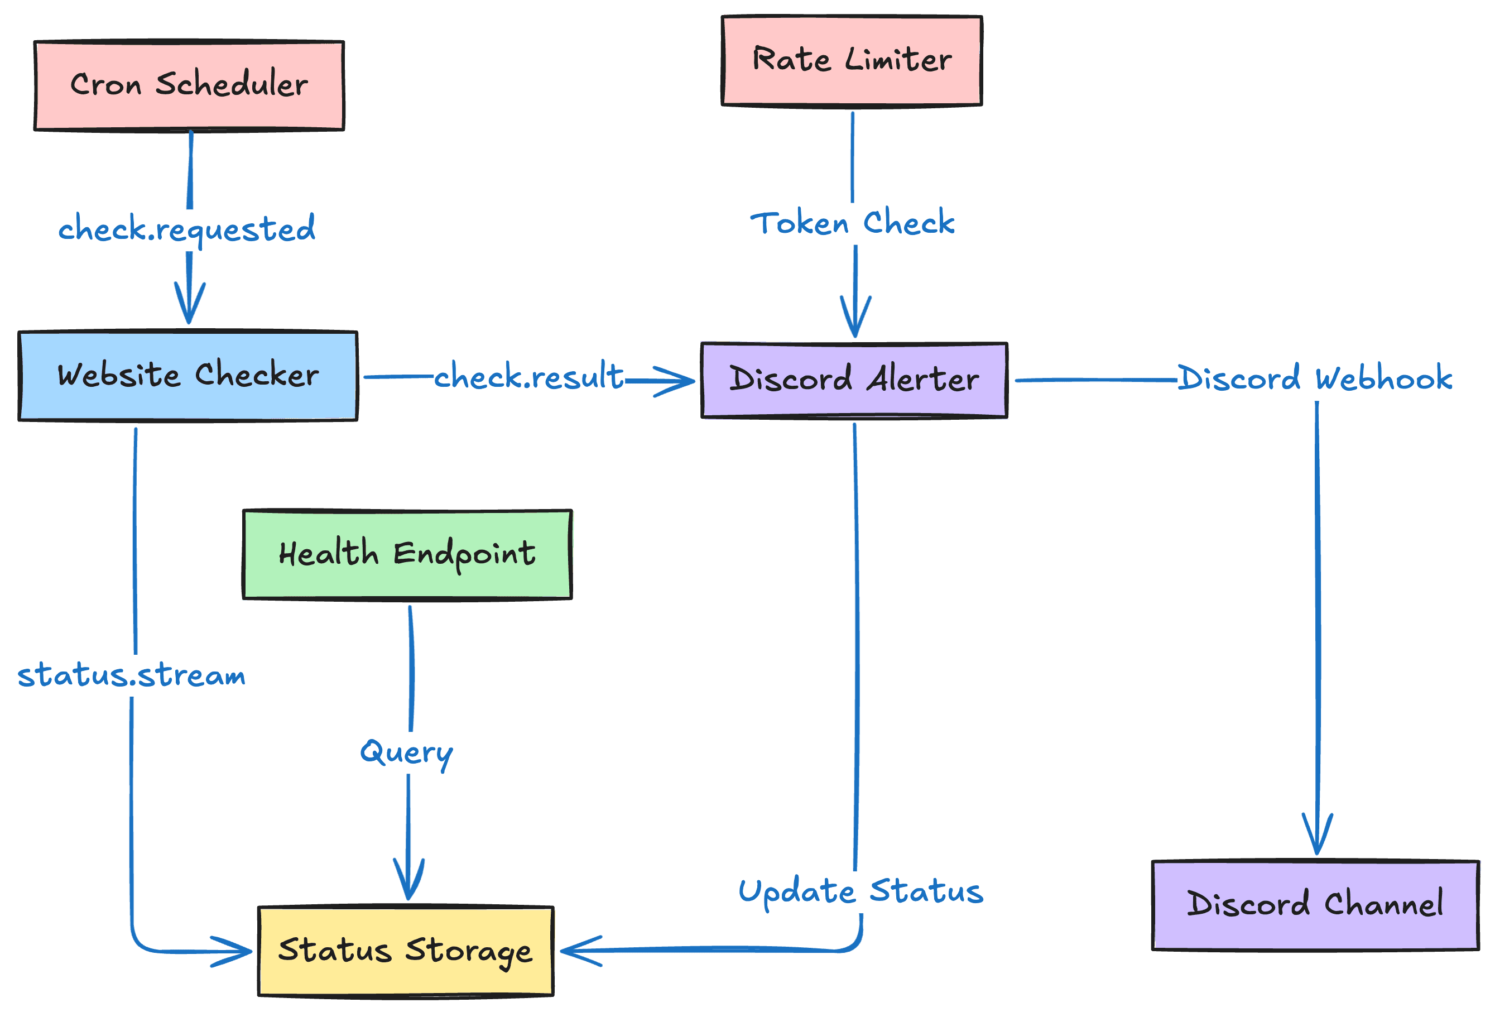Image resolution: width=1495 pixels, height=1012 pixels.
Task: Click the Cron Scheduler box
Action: [x=189, y=85]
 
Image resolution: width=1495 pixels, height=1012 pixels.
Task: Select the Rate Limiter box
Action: [x=852, y=60]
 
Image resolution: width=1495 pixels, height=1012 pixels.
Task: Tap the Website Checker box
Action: [x=188, y=376]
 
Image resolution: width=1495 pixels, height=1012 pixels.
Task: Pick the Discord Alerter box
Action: [x=854, y=380]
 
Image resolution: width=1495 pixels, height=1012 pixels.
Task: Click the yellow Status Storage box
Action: [x=405, y=951]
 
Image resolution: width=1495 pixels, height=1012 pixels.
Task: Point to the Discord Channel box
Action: [x=1315, y=905]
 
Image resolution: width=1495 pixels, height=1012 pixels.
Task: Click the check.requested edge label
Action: [x=186, y=229]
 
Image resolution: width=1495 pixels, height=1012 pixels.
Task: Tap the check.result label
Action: [x=529, y=377]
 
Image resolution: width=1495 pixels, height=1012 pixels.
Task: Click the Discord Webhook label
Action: [x=1315, y=378]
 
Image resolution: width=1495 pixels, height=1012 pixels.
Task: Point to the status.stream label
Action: [x=131, y=675]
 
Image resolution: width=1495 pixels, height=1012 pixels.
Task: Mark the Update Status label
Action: [x=861, y=891]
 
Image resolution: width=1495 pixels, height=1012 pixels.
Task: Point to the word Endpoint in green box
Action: [x=464, y=554]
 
